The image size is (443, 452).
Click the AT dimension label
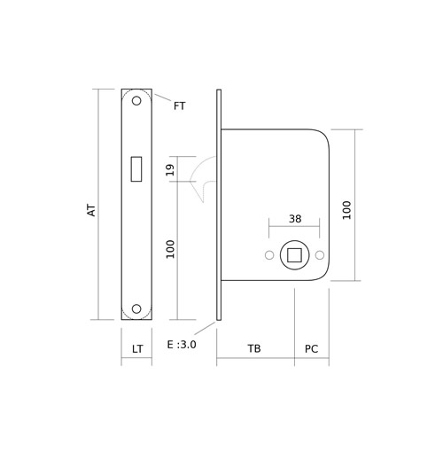92,210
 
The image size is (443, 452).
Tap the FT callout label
179,105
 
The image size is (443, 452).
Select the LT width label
137,349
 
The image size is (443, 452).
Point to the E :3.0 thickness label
182,345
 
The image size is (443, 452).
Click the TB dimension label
254,348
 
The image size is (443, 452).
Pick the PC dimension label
312,349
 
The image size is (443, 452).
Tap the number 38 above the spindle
295,219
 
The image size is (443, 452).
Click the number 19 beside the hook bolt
170,169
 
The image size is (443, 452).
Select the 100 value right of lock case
346,210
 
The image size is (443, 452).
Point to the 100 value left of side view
170,249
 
